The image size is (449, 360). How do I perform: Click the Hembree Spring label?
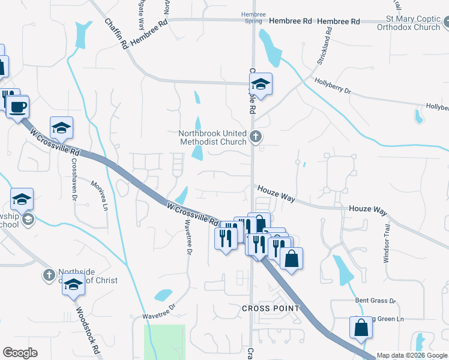tap(253, 16)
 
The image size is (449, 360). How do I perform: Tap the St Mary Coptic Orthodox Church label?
tap(409, 23)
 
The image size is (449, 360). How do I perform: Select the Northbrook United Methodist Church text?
tap(212, 137)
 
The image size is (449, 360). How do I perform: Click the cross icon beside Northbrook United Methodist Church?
tap(256, 137)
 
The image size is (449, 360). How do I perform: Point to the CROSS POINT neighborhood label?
tap(270, 308)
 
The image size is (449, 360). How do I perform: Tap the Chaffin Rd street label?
tap(116, 33)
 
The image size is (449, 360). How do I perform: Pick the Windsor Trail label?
tap(387, 243)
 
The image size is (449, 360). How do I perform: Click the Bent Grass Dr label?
tap(376, 300)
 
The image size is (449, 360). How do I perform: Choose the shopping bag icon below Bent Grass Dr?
tap(361, 328)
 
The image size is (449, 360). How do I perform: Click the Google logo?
tap(20, 353)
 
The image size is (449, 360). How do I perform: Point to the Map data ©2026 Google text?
tap(412, 355)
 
